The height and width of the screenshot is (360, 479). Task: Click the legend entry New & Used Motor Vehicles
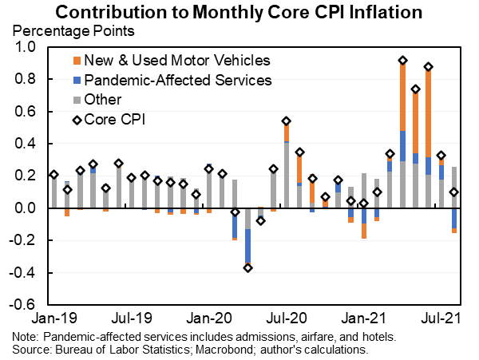pyautogui.click(x=176, y=60)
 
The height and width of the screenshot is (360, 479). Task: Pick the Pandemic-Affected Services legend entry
pyautogui.click(x=177, y=80)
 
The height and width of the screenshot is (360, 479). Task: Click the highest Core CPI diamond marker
pyautogui.click(x=403, y=61)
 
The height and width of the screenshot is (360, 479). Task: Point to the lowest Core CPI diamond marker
pyautogui.click(x=247, y=267)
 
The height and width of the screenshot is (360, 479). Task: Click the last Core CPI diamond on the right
pyautogui.click(x=454, y=192)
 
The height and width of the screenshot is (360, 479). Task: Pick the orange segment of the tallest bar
pyautogui.click(x=403, y=96)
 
